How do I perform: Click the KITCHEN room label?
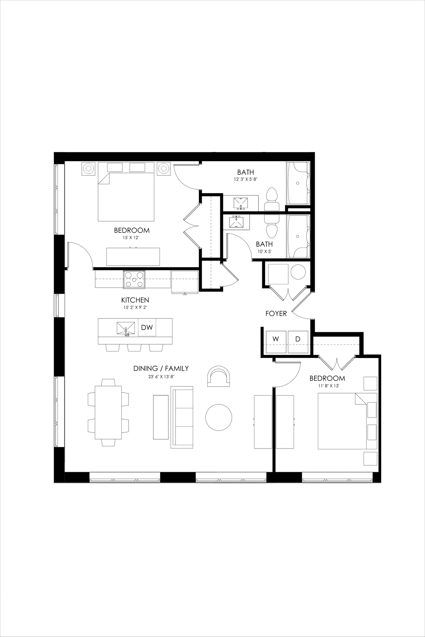[x=135, y=300]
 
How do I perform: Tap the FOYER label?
[x=276, y=314]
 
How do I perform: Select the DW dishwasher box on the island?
[x=147, y=328]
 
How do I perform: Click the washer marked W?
[x=276, y=342]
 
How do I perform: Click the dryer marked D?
[x=298, y=342]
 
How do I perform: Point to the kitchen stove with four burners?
[x=134, y=279]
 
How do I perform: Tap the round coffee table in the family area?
[x=219, y=417]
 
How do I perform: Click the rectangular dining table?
[x=108, y=412]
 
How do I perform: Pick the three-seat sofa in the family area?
[x=182, y=417]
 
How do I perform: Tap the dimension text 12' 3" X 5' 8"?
[x=245, y=179]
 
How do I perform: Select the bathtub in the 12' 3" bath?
[x=298, y=183]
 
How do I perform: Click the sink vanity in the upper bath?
[x=241, y=203]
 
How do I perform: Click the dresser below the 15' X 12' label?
[x=133, y=257]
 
